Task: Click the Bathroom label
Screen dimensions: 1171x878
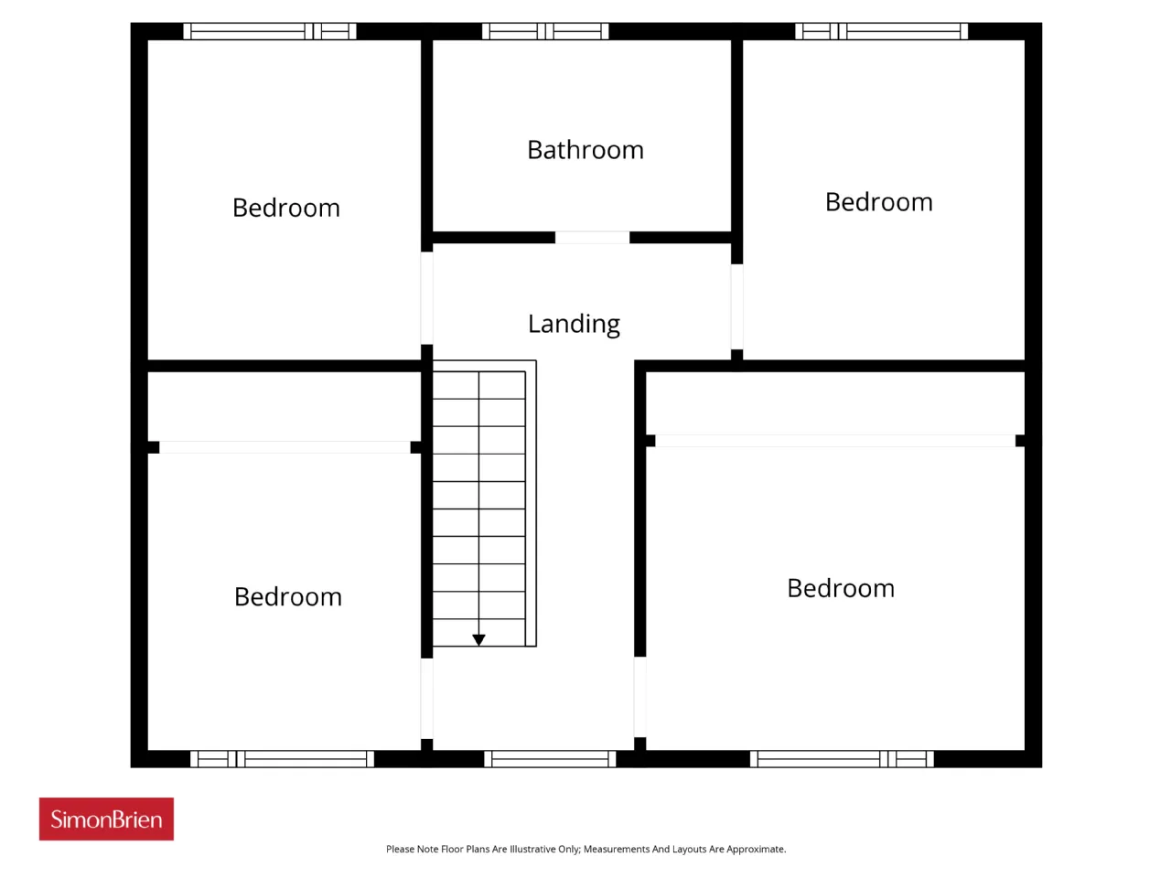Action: [x=585, y=150]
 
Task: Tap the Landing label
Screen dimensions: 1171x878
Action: [x=574, y=324]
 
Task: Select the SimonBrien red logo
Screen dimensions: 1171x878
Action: [x=106, y=819]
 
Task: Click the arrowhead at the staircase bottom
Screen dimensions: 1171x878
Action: [x=478, y=639]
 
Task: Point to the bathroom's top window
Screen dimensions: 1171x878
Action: [x=544, y=31]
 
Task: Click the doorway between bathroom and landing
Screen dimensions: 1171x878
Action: [x=592, y=238]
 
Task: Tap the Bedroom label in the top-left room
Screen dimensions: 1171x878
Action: [x=286, y=208]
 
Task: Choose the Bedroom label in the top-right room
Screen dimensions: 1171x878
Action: [x=878, y=202]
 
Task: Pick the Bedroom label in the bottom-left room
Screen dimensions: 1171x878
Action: [x=288, y=596]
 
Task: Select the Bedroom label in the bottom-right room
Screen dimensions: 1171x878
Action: [x=841, y=588]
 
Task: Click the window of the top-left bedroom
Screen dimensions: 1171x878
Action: [x=269, y=31]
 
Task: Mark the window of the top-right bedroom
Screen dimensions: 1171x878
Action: [x=881, y=31]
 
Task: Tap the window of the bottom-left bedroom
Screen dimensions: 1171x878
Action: [x=282, y=758]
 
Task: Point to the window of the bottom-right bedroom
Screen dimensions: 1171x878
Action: [x=842, y=758]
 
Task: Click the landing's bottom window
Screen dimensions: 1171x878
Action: [x=550, y=758]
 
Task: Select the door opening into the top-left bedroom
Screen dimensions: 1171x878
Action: [x=427, y=298]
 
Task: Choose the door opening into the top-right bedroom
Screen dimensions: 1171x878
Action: [x=736, y=306]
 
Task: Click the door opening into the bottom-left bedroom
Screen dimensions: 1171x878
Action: [x=427, y=699]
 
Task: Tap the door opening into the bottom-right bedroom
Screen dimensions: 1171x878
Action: [x=640, y=697]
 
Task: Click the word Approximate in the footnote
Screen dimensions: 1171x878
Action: [x=756, y=850]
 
